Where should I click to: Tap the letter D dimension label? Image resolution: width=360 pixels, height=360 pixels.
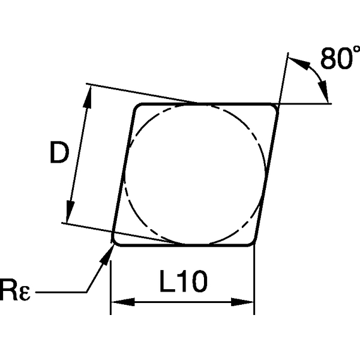coord(59,154)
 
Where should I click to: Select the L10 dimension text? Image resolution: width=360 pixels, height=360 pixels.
coord(181,281)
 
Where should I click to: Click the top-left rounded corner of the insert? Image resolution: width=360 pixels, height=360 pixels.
coord(138,107)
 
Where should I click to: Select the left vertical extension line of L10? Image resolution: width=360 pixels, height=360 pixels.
coord(111,282)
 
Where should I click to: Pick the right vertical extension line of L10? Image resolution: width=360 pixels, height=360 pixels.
coord(254,282)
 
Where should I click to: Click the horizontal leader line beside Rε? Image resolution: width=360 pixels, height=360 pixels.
coord(60,293)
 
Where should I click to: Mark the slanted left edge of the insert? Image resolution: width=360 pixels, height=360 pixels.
coord(124,174)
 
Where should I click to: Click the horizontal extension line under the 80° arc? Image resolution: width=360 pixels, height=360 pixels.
coord(306,104)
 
